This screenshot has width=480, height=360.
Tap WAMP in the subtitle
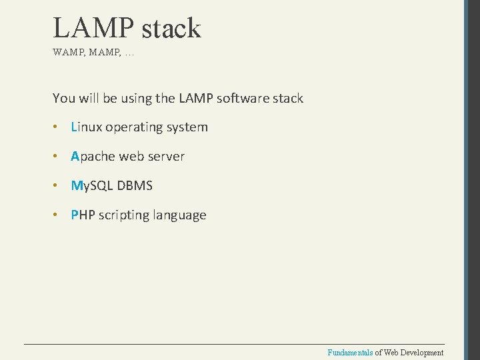point(67,52)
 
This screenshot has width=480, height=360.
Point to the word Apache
point(93,156)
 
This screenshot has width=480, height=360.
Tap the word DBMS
point(135,185)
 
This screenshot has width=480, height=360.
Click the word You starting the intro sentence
point(64,98)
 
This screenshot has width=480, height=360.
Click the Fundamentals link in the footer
point(350,352)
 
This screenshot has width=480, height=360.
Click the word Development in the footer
point(421,352)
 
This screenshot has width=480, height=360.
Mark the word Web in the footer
point(389,352)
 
